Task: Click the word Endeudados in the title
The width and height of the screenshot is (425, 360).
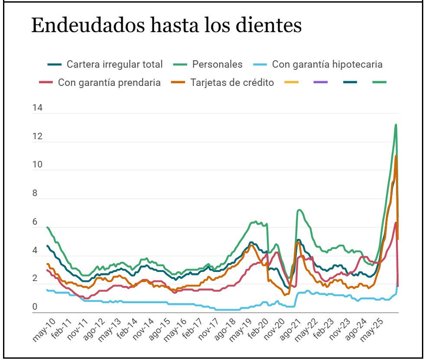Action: tap(88, 25)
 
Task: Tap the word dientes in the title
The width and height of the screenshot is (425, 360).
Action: tap(269, 25)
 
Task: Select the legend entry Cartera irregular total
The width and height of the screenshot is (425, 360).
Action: tap(105, 64)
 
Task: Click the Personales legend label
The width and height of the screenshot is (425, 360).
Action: tap(208, 64)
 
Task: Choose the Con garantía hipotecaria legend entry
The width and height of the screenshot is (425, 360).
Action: tap(318, 64)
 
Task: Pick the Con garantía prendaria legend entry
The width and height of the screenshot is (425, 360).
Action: tap(100, 82)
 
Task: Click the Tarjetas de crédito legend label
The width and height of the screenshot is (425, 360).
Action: tap(223, 82)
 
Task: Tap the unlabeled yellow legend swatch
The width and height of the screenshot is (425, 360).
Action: tap(292, 82)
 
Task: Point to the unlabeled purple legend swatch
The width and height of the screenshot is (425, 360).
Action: tap(321, 82)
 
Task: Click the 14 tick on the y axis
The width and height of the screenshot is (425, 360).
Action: tap(37, 108)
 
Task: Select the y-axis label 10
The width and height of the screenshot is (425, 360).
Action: tap(37, 164)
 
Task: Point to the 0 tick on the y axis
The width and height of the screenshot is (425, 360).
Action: tap(35, 307)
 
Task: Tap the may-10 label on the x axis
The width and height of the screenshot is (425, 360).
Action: tap(44, 330)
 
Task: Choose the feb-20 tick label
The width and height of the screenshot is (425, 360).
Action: tap(258, 328)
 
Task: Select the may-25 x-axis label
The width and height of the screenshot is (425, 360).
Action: tap(372, 330)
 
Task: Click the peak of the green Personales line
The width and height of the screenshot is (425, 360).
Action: tap(396, 124)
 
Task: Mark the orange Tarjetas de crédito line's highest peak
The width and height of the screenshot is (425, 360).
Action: tap(396, 156)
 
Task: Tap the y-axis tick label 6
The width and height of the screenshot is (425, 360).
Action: tap(35, 221)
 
